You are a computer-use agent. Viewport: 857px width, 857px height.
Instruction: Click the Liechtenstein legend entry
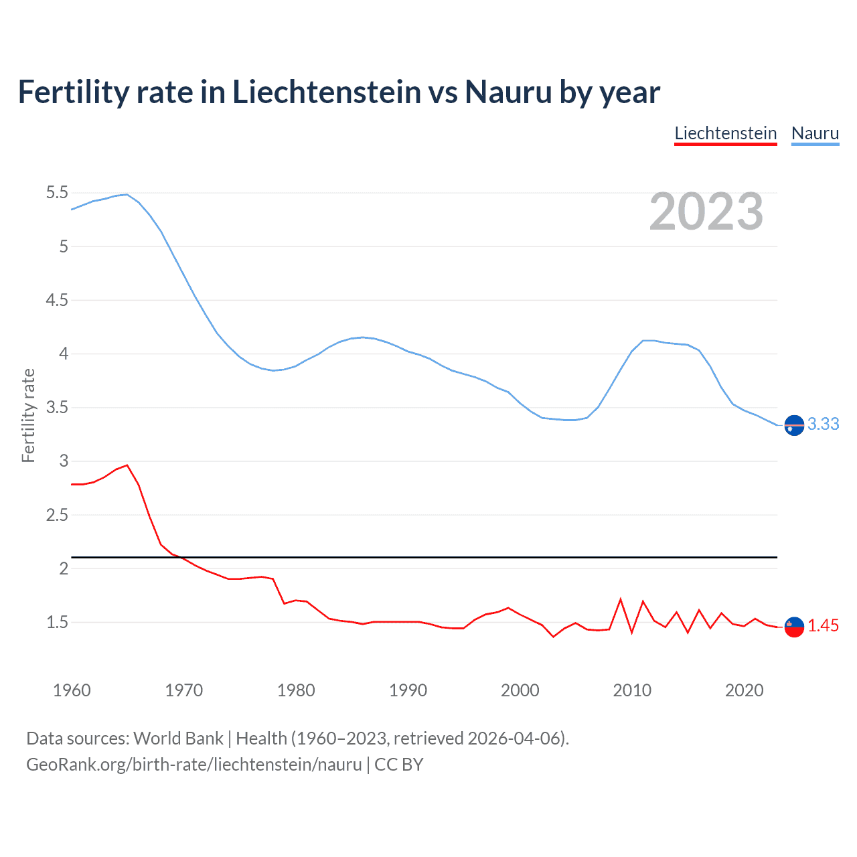[725, 133]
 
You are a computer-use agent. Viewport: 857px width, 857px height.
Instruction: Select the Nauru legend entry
[815, 133]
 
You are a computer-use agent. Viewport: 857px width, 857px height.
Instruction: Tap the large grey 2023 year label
[706, 212]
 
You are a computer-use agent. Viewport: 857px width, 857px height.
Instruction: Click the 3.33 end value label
[823, 424]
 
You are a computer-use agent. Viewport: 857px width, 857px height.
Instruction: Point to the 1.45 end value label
[823, 625]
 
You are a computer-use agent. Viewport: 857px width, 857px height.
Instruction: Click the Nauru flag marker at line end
[794, 425]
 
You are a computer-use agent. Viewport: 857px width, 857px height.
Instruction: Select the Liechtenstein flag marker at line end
[794, 627]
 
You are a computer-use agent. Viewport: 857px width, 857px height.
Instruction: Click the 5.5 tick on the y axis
[57, 193]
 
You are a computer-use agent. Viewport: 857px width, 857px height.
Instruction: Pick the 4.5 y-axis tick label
[57, 300]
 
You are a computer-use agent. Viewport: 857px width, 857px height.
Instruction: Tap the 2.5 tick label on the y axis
[57, 515]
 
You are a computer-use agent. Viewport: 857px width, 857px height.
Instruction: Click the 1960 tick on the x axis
[72, 690]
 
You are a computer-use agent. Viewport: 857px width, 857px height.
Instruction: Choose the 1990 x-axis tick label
[408, 690]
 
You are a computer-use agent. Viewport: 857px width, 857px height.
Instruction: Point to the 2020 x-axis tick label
[744, 690]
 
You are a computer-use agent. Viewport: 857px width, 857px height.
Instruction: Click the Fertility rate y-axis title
[28, 415]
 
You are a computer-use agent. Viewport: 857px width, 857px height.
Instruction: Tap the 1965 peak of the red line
[127, 465]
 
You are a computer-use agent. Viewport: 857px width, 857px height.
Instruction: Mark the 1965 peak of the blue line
[127, 194]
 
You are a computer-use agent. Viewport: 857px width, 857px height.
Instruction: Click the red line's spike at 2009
[621, 599]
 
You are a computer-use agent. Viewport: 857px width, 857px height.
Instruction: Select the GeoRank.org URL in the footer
[194, 764]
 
